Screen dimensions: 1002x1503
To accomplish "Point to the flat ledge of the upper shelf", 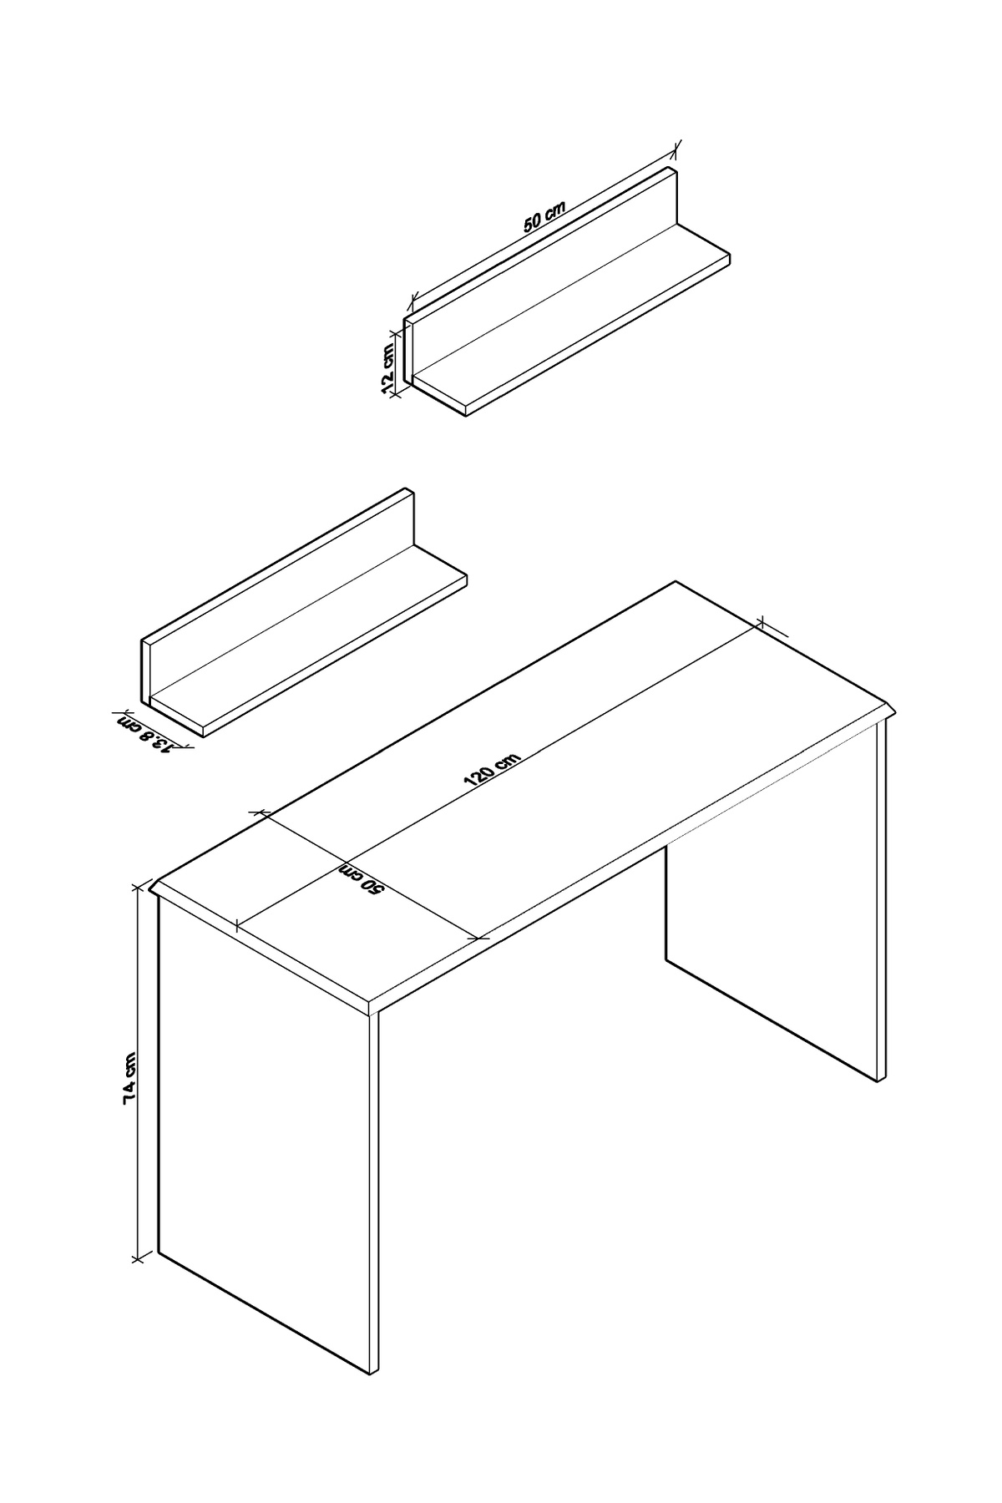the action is tap(572, 317).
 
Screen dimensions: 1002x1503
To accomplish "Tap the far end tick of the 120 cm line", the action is tap(761, 622).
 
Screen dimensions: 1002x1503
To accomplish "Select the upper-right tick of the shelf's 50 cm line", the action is tap(676, 149).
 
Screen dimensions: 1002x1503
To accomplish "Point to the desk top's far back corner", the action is tap(675, 581).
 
